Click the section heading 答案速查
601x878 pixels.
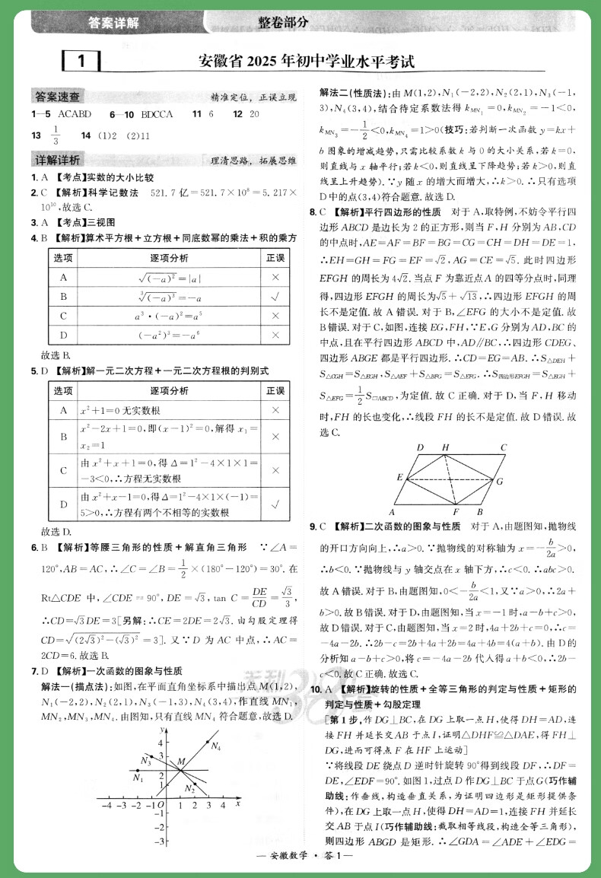coord(59,97)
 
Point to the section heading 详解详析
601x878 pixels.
coord(59,160)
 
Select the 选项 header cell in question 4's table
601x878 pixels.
coord(63,259)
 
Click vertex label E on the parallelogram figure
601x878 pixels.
coord(399,477)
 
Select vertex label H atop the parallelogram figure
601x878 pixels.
coord(445,447)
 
